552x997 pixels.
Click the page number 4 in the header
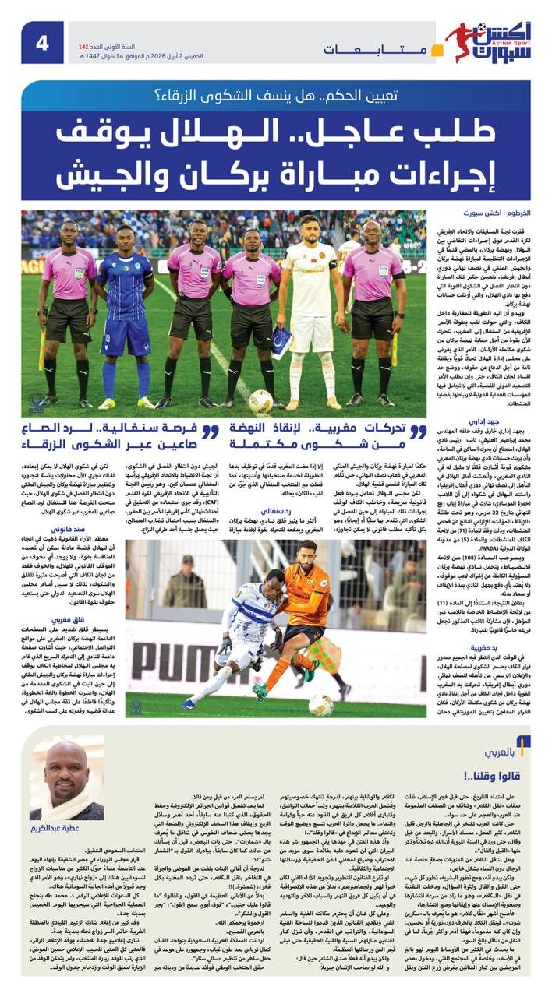coord(41,42)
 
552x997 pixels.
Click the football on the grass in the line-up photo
coord(261,400)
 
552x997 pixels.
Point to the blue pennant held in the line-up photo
coord(281,343)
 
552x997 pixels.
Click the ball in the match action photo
coord(320,703)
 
